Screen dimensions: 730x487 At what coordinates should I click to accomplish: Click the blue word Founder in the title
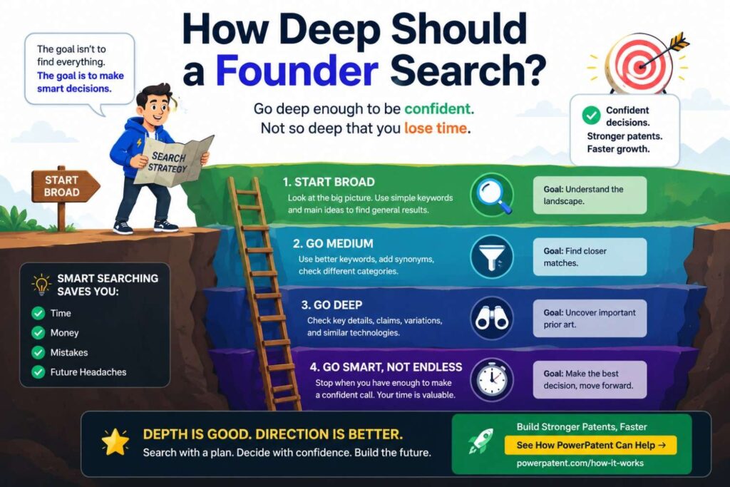tap(297, 71)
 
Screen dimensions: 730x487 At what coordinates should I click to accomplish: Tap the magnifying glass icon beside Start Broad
tap(492, 195)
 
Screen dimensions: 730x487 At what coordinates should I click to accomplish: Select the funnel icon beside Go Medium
tap(492, 257)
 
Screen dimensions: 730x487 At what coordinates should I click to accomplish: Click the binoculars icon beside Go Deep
tap(492, 319)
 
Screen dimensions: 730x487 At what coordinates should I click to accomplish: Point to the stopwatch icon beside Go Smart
tap(492, 380)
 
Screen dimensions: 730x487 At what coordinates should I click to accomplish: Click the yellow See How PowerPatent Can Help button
tap(590, 445)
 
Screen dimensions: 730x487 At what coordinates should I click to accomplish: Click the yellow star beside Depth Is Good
tap(115, 442)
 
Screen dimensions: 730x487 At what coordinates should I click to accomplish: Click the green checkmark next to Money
tap(38, 332)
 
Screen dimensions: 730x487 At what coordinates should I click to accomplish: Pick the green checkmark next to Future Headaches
tap(38, 372)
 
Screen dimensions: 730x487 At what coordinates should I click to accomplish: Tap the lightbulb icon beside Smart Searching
tap(41, 284)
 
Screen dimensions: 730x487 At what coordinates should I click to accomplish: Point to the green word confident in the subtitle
tap(438, 109)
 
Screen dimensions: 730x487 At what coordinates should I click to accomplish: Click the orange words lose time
tap(436, 128)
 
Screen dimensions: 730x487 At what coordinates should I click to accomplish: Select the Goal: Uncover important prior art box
tap(590, 319)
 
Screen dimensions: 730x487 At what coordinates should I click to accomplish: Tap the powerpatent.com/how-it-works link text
tap(580, 463)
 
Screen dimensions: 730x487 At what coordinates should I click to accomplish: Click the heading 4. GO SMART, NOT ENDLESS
tap(386, 367)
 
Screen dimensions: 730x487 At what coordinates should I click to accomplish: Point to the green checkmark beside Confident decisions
tap(591, 115)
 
